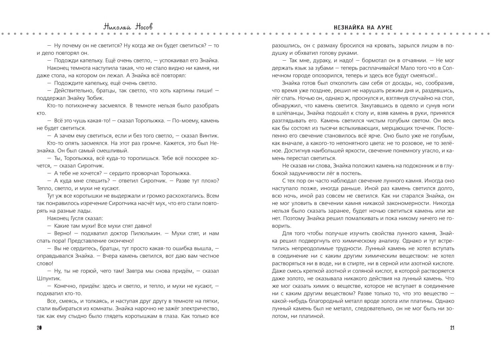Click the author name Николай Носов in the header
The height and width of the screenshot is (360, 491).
tap(128, 27)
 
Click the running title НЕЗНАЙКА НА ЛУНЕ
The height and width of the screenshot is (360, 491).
tap(363, 27)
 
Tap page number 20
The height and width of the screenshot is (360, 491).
tap(39, 328)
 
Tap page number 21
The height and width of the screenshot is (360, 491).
tap(452, 328)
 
